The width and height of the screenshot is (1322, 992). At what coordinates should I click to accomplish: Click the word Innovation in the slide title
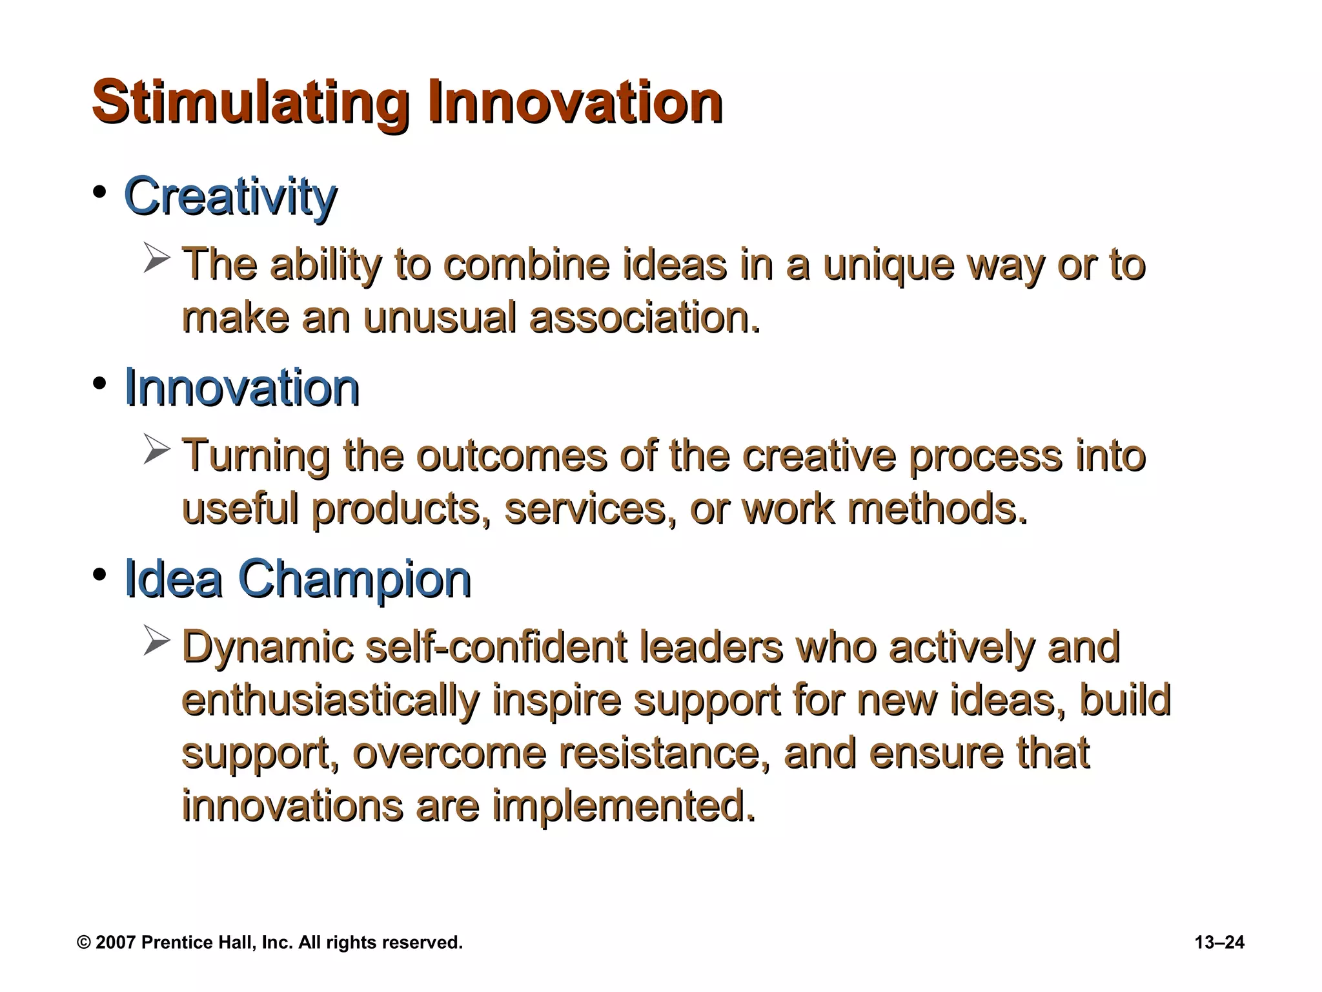(575, 102)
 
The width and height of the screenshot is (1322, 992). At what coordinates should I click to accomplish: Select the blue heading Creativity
(230, 197)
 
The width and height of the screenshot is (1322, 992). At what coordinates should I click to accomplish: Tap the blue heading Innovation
(241, 387)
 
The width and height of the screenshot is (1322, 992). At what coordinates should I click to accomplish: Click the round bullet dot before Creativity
(99, 192)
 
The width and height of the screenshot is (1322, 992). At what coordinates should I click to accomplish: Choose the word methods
(936, 509)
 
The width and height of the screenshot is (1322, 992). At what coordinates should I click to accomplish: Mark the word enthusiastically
(330, 701)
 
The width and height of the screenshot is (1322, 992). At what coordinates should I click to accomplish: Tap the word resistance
(659, 754)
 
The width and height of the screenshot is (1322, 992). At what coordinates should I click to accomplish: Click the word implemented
(623, 807)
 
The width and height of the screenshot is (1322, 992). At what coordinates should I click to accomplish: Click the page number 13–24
(1219, 942)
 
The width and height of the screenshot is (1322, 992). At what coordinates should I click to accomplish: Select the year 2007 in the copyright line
(116, 942)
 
